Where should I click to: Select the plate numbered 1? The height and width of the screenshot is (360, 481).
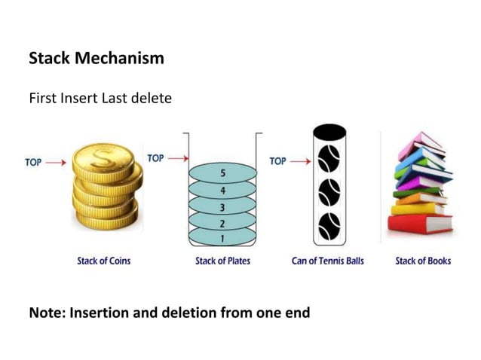pyautogui.click(x=222, y=238)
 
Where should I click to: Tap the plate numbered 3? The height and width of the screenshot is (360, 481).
pyautogui.click(x=222, y=206)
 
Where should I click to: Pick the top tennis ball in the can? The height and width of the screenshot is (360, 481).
pyautogui.click(x=329, y=159)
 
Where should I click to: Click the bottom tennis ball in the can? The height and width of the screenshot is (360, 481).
pyautogui.click(x=329, y=225)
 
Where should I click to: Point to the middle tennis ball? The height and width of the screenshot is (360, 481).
pyautogui.click(x=329, y=192)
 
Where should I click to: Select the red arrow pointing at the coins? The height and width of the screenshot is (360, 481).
pyautogui.click(x=56, y=161)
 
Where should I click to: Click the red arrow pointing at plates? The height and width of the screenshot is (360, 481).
pyautogui.click(x=177, y=158)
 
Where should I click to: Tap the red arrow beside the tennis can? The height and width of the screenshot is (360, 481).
pyautogui.click(x=299, y=161)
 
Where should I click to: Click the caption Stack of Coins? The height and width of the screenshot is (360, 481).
pyautogui.click(x=103, y=261)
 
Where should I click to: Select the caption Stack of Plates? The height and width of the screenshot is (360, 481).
pyautogui.click(x=222, y=261)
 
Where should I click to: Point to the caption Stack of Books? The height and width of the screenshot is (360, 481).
pyautogui.click(x=423, y=261)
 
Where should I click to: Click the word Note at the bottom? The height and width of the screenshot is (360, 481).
pyautogui.click(x=46, y=312)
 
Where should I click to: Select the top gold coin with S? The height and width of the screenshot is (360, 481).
pyautogui.click(x=103, y=159)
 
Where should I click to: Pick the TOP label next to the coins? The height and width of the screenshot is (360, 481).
pyautogui.click(x=33, y=161)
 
